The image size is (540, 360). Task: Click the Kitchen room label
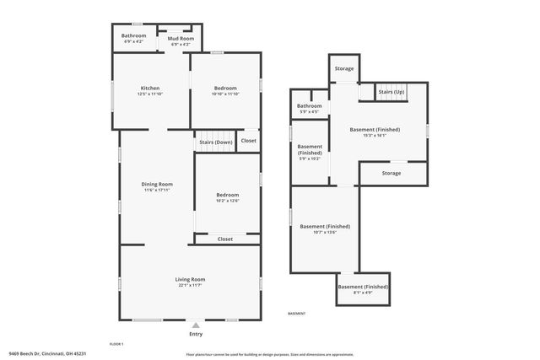click(x=150, y=89)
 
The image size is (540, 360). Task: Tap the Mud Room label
click(x=181, y=39)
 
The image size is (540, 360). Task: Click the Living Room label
click(x=190, y=280)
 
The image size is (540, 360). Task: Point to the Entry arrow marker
click(x=196, y=325)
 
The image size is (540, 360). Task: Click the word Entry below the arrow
click(x=196, y=335)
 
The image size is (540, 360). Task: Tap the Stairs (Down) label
click(x=215, y=142)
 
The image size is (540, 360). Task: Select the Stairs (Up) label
click(x=391, y=91)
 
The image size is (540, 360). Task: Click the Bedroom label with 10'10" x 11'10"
click(x=225, y=89)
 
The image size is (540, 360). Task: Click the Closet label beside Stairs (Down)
click(x=248, y=141)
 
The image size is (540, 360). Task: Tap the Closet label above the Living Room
click(x=225, y=239)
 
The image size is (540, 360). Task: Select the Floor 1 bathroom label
click(x=133, y=35)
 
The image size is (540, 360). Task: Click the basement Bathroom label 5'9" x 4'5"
click(x=309, y=105)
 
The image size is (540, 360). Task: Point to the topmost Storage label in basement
click(x=343, y=68)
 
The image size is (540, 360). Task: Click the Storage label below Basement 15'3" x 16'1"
click(x=391, y=173)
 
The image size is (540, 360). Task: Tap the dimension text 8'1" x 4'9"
click(x=363, y=293)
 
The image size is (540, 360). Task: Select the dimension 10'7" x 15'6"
click(x=325, y=232)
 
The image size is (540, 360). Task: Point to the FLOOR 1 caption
click(x=116, y=344)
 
